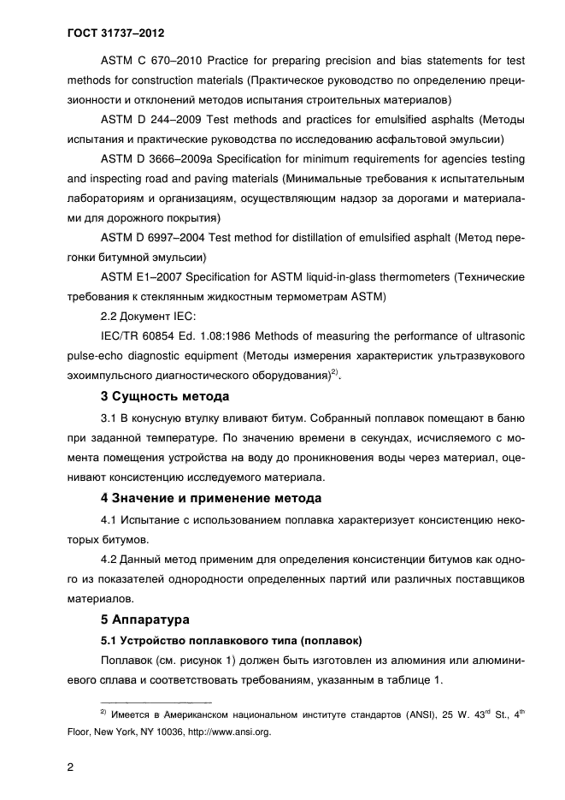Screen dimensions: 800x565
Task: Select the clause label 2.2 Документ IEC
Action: pyautogui.click(x=148, y=316)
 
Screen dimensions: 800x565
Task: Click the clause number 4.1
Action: pyautogui.click(x=110, y=519)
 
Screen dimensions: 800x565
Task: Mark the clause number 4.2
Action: pyautogui.click(x=110, y=560)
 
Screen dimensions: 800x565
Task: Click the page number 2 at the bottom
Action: pyautogui.click(x=71, y=767)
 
